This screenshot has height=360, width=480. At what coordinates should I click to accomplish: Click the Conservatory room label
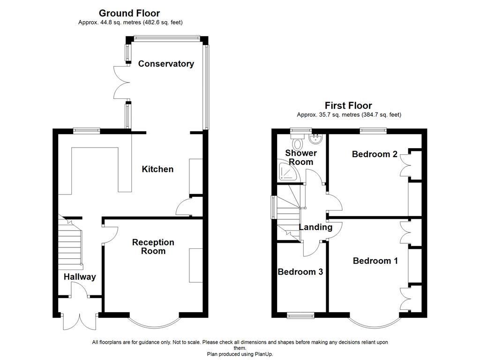[x=165, y=64]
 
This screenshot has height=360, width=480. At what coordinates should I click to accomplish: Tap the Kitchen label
[x=157, y=169]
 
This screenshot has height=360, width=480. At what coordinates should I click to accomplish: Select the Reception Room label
[x=153, y=247]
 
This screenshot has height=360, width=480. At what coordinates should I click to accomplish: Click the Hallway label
[x=80, y=277]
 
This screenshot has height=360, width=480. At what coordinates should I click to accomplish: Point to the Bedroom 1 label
[x=375, y=261]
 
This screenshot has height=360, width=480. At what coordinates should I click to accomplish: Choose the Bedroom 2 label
[x=375, y=154]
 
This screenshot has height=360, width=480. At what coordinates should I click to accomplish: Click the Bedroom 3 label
[x=300, y=272]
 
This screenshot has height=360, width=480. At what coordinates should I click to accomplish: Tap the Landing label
[x=315, y=227]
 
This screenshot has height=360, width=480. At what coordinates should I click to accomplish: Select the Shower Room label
[x=301, y=157]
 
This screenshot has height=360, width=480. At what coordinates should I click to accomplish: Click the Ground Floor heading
[x=129, y=13]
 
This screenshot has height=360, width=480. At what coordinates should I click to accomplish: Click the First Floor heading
[x=348, y=105]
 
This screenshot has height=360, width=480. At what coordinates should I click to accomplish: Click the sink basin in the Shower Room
[x=316, y=138]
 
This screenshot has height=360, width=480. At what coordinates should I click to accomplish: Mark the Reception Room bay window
[x=154, y=322]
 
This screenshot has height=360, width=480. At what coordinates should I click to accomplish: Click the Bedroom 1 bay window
[x=374, y=322]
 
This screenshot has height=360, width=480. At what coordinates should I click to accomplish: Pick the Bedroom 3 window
[x=300, y=315]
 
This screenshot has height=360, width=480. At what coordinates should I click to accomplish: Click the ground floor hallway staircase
[x=70, y=244]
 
